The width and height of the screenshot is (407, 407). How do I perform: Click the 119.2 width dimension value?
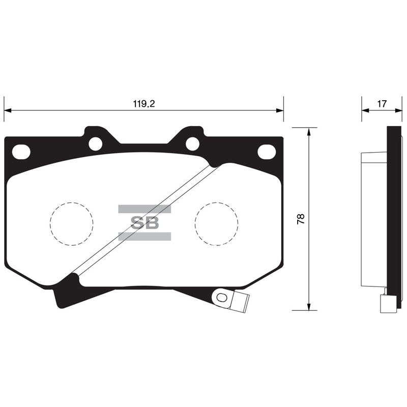144,104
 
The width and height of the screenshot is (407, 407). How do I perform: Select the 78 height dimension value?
301,219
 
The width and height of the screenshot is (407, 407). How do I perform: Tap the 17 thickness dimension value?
382,104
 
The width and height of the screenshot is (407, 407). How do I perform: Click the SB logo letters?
144,222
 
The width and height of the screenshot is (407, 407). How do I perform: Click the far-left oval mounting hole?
21,152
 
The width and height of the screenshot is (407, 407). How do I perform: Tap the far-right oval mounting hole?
266,151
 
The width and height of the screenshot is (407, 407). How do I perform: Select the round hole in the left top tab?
96,143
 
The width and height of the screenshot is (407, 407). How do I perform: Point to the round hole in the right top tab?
192,143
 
